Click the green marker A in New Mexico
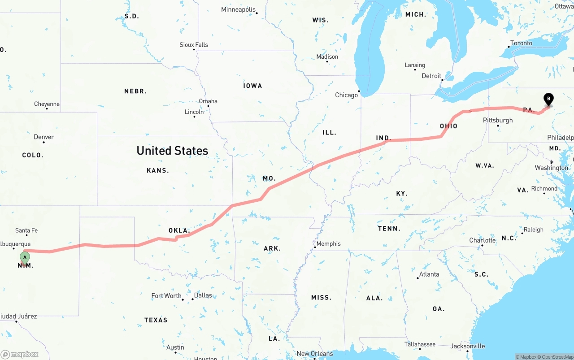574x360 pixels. (x=25, y=258)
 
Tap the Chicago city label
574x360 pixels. (x=347, y=95)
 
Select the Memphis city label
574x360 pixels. (x=328, y=244)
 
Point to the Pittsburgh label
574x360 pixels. (x=498, y=120)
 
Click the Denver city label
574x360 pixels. (x=44, y=137)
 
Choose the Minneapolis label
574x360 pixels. (x=238, y=9)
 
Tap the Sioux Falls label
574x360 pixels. (x=194, y=45)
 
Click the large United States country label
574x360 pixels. (x=172, y=151)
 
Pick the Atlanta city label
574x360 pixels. (x=429, y=274)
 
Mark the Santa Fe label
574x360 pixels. (x=26, y=230)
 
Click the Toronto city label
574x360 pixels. (x=521, y=43)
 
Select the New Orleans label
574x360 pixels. (x=315, y=353)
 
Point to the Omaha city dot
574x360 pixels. (x=208, y=106)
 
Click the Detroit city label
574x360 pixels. (x=431, y=76)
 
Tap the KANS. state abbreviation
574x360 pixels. (x=158, y=170)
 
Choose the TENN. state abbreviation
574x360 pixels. (x=389, y=229)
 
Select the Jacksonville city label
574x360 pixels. (x=468, y=346)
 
